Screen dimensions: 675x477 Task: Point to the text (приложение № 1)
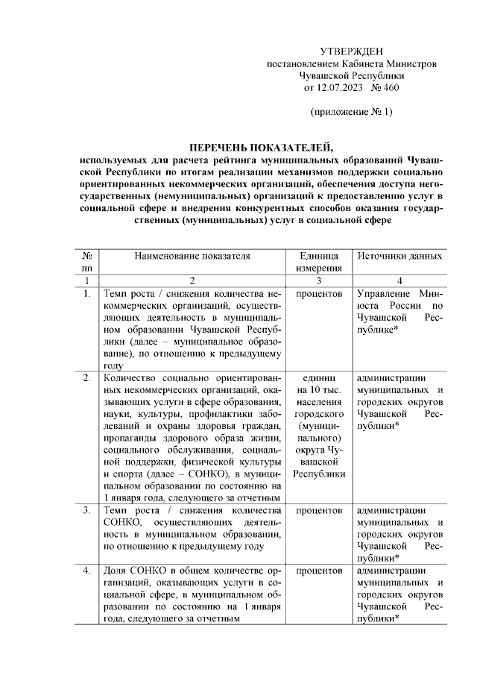351,112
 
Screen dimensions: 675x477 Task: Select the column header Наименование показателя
192,256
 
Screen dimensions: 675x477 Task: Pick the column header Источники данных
399,256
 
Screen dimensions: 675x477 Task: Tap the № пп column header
87,263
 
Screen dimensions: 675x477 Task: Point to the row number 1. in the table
87,294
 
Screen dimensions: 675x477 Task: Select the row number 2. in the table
87,377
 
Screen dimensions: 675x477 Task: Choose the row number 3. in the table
87,510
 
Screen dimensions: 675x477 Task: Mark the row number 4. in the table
87,571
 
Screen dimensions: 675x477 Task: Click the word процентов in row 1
319,294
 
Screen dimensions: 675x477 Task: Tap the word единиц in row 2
319,377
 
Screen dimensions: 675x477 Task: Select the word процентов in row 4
319,571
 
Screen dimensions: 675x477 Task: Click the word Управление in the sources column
382,294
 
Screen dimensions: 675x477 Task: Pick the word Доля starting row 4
116,571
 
